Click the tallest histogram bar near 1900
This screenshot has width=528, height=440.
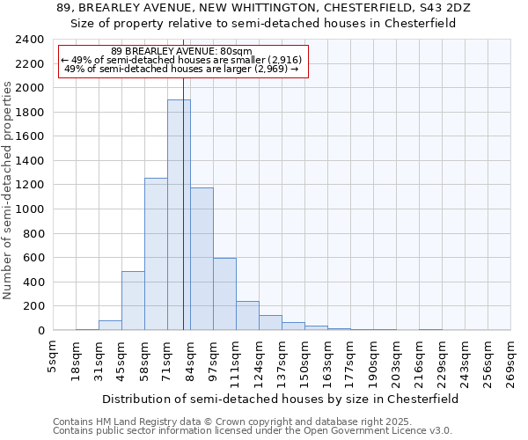pos(179,215)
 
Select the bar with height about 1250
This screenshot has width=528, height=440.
pos(156,254)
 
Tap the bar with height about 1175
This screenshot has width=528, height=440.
pos(202,259)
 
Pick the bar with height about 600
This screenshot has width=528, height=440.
pos(224,294)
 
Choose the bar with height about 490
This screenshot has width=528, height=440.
pos(133,300)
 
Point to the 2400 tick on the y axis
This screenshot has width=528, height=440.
pos(30,40)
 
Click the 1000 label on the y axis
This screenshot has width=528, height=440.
pos(30,209)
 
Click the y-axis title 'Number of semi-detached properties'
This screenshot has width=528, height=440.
pos(9,190)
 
